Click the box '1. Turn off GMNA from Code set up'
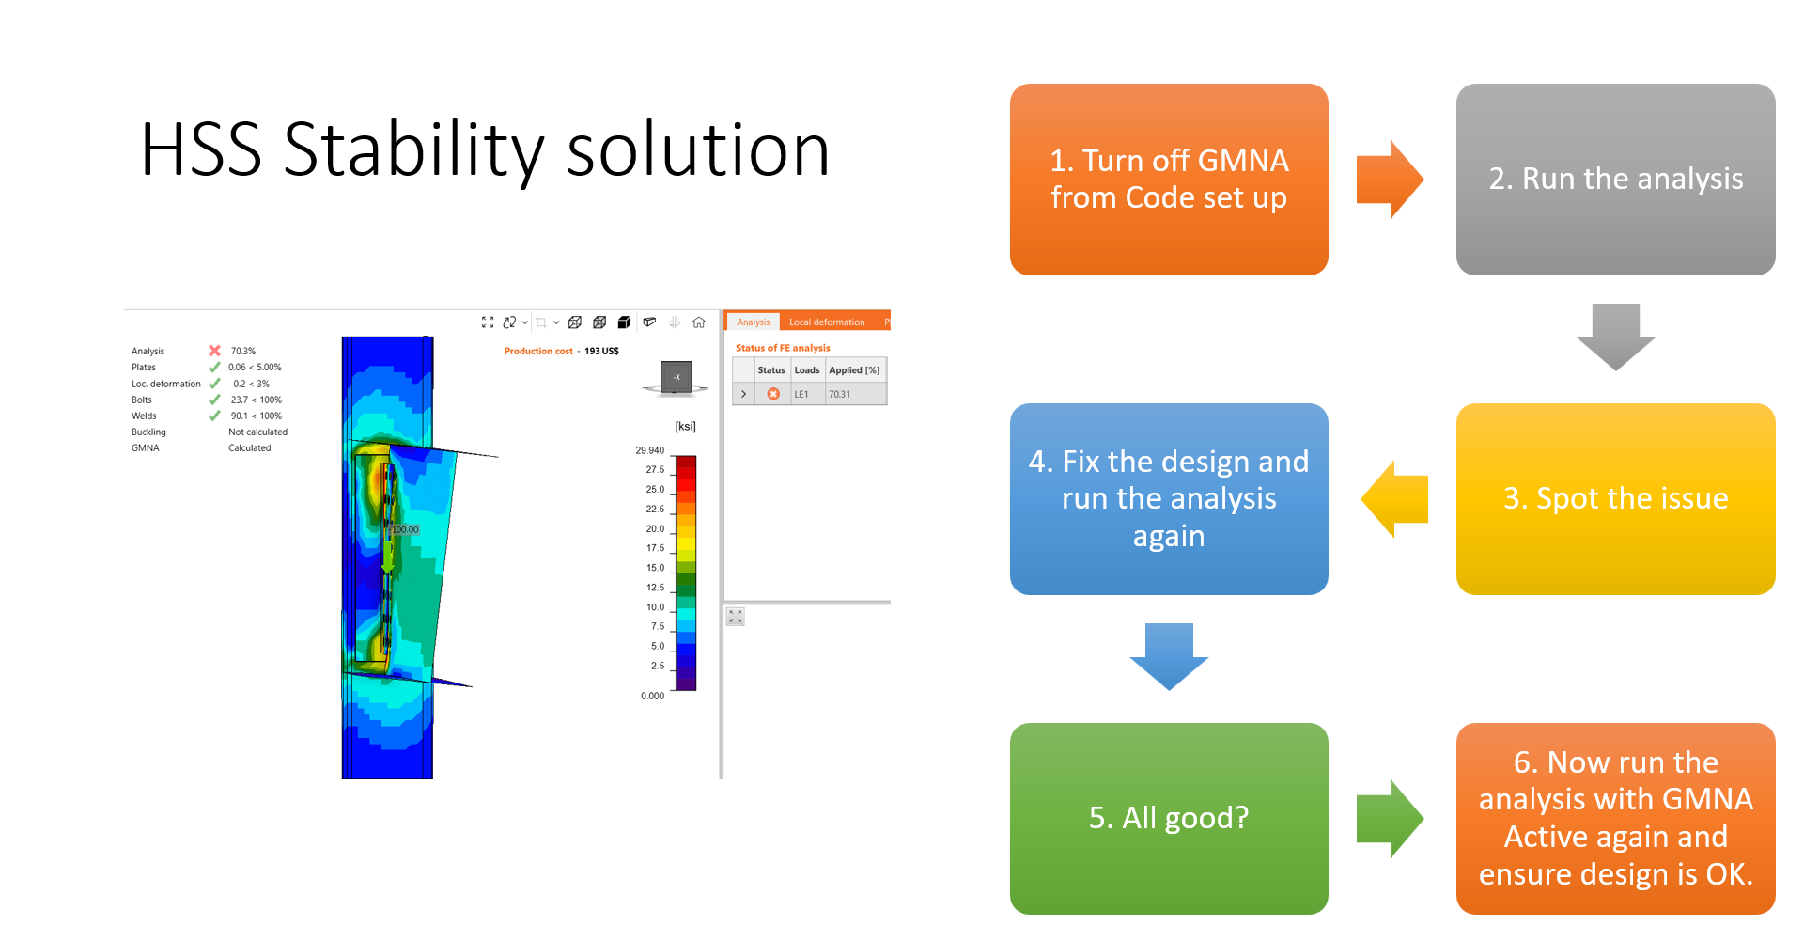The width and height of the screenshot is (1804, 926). (1169, 180)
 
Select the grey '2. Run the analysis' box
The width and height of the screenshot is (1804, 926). (1615, 180)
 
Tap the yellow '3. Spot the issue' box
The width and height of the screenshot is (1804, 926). (1615, 499)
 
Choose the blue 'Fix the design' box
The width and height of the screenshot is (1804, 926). (1169, 499)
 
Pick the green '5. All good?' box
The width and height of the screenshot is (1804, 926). (1169, 819)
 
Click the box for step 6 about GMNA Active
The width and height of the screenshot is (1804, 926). (1615, 819)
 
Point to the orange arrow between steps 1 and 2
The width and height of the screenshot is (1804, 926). (1391, 180)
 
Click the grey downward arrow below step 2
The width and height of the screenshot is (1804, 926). (1615, 337)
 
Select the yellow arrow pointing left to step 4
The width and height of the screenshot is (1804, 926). (1394, 499)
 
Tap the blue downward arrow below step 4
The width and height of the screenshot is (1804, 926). (1169, 657)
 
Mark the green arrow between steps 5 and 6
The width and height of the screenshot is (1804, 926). (1391, 819)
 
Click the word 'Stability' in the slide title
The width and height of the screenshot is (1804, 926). (413, 150)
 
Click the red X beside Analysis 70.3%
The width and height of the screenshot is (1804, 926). (214, 351)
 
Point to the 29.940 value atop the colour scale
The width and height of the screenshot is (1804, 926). (649, 450)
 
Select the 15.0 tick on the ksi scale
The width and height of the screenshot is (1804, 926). (655, 568)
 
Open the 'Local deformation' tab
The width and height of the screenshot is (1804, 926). (827, 322)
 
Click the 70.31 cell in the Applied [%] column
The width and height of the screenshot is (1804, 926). (839, 394)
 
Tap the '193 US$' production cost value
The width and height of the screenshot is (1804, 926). (601, 352)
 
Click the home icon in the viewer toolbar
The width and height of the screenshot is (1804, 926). (699, 322)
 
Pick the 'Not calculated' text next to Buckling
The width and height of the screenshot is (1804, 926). (257, 432)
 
